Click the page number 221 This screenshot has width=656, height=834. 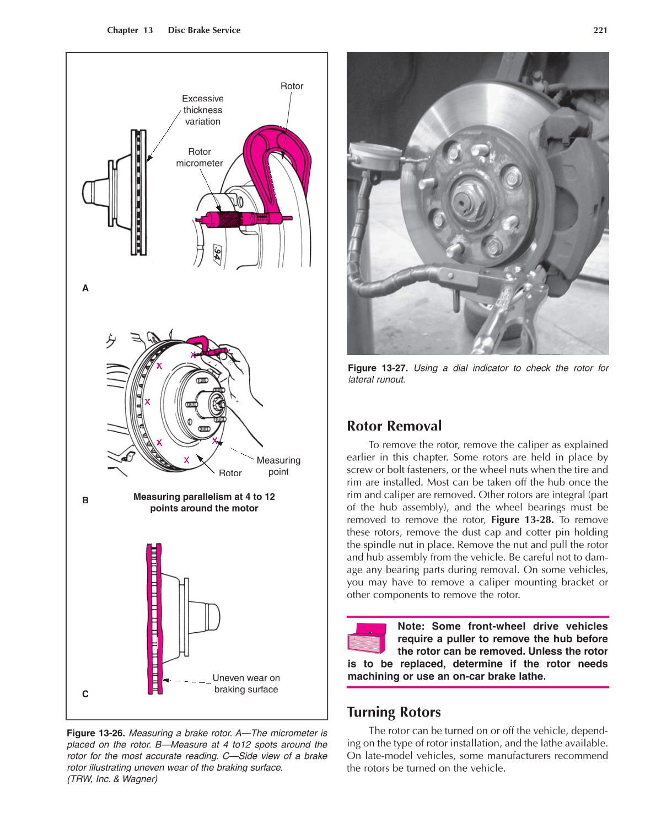coord(600,30)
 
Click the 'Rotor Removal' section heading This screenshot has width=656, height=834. coord(394,426)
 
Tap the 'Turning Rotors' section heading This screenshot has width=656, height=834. coord(394,712)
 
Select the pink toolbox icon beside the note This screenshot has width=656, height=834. coord(368,638)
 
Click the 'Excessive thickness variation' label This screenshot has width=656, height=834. coord(203,110)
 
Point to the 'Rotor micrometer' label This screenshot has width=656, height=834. coord(200,158)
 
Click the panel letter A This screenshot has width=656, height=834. coord(85,288)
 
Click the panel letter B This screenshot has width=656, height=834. coord(85,501)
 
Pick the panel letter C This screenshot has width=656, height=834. coord(85,694)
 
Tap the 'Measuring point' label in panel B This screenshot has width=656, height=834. coord(278,466)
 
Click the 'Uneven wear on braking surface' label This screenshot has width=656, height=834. coord(246,684)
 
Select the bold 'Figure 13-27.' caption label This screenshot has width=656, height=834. coord(378,368)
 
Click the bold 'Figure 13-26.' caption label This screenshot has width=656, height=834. coord(96,733)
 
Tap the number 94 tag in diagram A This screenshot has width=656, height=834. coord(217,255)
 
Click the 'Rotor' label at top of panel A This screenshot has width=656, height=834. coord(292,86)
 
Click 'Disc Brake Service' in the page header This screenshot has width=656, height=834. coord(204,30)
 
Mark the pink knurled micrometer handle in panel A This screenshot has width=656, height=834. coord(228,219)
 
